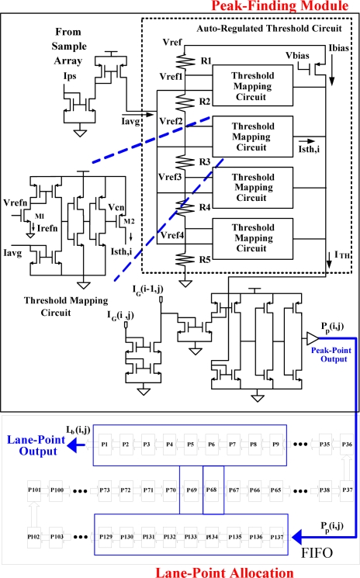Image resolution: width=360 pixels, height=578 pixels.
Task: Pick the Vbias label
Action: pyautogui.click(x=296, y=57)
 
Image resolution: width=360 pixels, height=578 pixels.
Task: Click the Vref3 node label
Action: pyautogui.click(x=170, y=178)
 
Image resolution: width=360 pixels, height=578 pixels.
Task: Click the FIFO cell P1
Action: pyautogui.click(x=103, y=445)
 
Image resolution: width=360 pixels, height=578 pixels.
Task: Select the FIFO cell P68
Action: pyautogui.click(x=212, y=491)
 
